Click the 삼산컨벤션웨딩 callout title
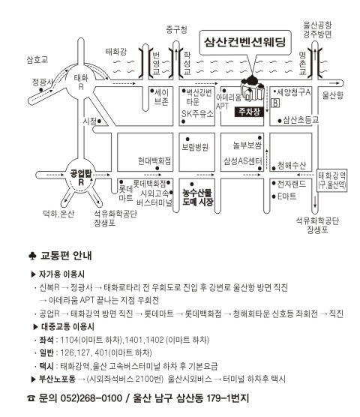(x=244, y=42)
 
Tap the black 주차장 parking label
(x=249, y=112)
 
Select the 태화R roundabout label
(x=81, y=82)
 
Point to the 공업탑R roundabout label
(x=81, y=178)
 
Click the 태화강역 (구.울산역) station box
(x=332, y=180)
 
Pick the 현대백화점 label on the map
(x=154, y=160)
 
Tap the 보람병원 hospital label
(x=195, y=147)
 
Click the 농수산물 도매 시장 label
(x=197, y=197)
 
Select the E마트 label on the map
(x=287, y=196)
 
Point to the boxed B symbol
(x=275, y=103)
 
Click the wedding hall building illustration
(x=251, y=88)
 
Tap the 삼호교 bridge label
(x=37, y=59)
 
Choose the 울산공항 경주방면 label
(x=317, y=30)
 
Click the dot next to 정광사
(x=41, y=90)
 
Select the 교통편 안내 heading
(x=66, y=256)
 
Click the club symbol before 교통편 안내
(x=32, y=256)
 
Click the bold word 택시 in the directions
(x=46, y=366)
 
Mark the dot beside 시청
(x=99, y=121)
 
